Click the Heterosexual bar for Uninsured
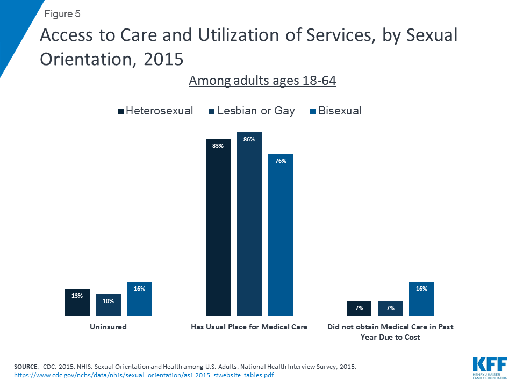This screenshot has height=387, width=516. pyautogui.click(x=77, y=302)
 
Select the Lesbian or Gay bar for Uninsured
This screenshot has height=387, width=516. pyautogui.click(x=109, y=305)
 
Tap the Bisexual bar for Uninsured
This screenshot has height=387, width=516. pyautogui.click(x=140, y=299)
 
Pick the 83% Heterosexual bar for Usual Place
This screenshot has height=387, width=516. pyautogui.click(x=218, y=227)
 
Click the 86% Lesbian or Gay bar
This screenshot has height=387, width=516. pyautogui.click(x=249, y=224)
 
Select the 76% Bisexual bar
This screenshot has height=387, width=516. pyautogui.click(x=281, y=234)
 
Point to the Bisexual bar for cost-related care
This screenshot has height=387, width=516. pyautogui.click(x=421, y=299)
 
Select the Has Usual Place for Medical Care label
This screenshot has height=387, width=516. pyautogui.click(x=249, y=327)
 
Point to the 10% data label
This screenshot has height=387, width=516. pyautogui.click(x=109, y=301)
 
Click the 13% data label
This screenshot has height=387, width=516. pyautogui.click(x=77, y=296)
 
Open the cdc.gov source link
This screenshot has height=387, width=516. pyautogui.click(x=144, y=375)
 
